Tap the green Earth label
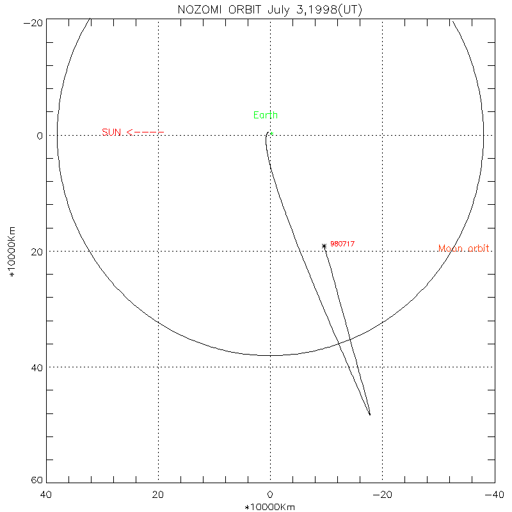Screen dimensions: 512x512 tap(266, 115)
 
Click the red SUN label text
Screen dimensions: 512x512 tap(111, 132)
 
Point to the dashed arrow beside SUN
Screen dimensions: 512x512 tap(145, 132)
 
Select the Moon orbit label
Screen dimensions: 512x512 tap(465, 248)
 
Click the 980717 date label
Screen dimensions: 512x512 tap(342, 244)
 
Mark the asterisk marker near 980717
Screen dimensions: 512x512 tap(324, 246)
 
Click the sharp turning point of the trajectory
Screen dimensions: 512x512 tap(370, 415)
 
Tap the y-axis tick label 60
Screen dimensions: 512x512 tap(37, 481)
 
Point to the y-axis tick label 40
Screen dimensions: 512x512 tap(37, 367)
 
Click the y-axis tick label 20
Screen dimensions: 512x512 tap(37, 252)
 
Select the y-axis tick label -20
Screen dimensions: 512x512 tap(33, 22)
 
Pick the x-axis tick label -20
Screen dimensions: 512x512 tap(381, 495)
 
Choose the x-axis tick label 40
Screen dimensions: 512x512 tap(46, 495)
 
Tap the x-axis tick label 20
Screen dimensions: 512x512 tap(158, 495)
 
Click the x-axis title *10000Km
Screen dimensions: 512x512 tap(270, 507)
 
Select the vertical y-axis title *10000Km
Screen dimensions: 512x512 tap(12, 252)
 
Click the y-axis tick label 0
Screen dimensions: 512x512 tap(40, 136)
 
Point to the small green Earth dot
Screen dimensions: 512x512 tap(271, 134)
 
